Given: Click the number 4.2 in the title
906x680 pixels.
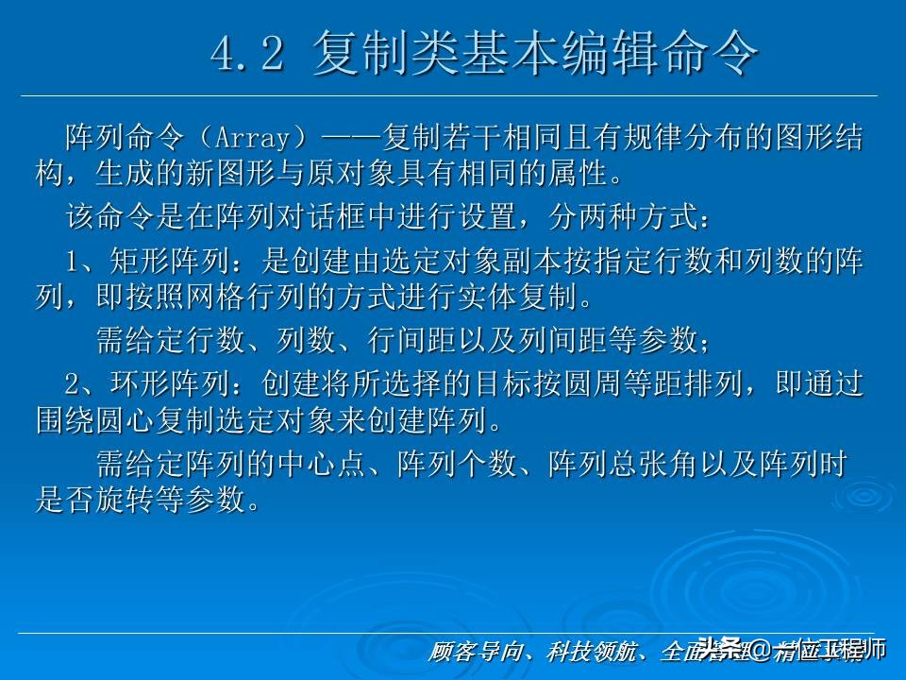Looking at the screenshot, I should click(247, 56).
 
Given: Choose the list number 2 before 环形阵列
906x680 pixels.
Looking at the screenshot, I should click(75, 382).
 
